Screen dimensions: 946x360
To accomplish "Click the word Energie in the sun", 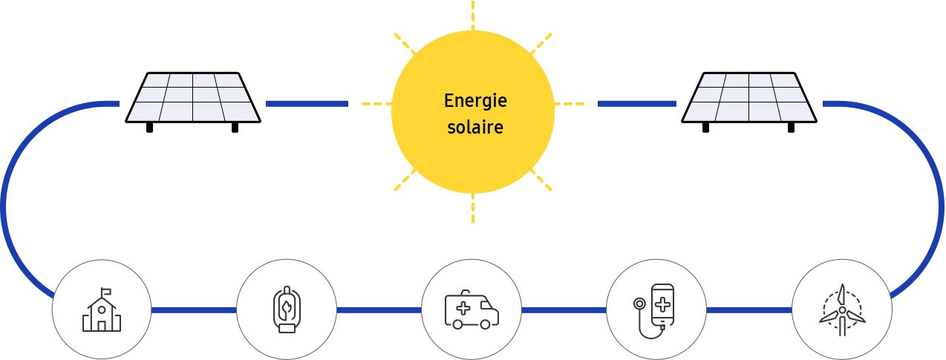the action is pos(475,101).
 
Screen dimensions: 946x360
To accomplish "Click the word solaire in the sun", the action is pos(475,127).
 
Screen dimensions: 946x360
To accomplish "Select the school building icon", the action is pos(101,310).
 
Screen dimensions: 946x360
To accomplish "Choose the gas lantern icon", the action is pos(287,310).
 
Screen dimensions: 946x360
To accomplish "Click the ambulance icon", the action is pos(472,310).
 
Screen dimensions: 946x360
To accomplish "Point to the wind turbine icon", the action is pos(842,310).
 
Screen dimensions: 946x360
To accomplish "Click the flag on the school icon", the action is pos(106,291).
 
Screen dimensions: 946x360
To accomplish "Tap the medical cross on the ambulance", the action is pos(463,308).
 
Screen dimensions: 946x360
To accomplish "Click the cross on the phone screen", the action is pos(662,305).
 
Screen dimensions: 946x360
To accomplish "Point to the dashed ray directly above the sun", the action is pos(472,16).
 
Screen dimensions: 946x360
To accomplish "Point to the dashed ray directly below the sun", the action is pos(472,208).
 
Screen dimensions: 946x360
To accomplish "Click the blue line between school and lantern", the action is pos(194,310).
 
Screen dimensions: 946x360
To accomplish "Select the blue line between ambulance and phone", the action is pos(564,310).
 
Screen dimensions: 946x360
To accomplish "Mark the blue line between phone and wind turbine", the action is pos(749,310).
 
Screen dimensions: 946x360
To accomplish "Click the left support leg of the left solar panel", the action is pos(149,128).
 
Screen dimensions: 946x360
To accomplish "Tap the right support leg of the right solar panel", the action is pos(791,128).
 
